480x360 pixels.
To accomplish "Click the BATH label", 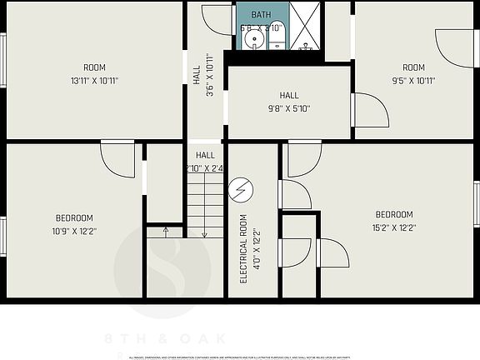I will (x=261, y=15).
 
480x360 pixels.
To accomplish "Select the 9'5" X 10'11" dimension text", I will (x=413, y=81).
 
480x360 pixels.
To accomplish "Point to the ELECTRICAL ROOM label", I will (x=244, y=249).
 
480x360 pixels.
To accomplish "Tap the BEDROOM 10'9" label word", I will (x=74, y=218).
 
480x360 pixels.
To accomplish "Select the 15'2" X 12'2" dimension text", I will (x=394, y=227).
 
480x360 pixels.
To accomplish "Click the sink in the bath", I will (x=256, y=40).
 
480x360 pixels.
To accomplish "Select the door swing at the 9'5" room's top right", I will (x=454, y=49).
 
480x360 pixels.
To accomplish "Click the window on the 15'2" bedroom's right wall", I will (x=477, y=205).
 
